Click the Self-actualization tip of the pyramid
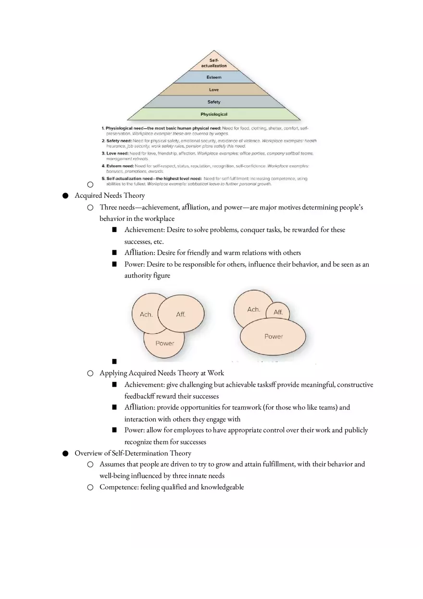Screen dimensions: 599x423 [214, 63]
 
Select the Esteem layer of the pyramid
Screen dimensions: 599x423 [214, 77]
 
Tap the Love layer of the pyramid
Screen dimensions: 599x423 [214, 90]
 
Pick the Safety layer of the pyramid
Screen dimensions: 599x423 [214, 102]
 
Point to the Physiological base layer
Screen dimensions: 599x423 [214, 114]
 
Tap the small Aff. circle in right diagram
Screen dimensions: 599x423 [278, 312]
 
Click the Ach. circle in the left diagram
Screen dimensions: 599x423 [146, 314]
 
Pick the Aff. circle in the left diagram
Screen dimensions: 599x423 [181, 314]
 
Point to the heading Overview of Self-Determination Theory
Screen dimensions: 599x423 [133, 453]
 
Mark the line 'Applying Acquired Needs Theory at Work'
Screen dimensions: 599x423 [162, 373]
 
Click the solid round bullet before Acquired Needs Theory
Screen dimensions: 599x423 [65, 196]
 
